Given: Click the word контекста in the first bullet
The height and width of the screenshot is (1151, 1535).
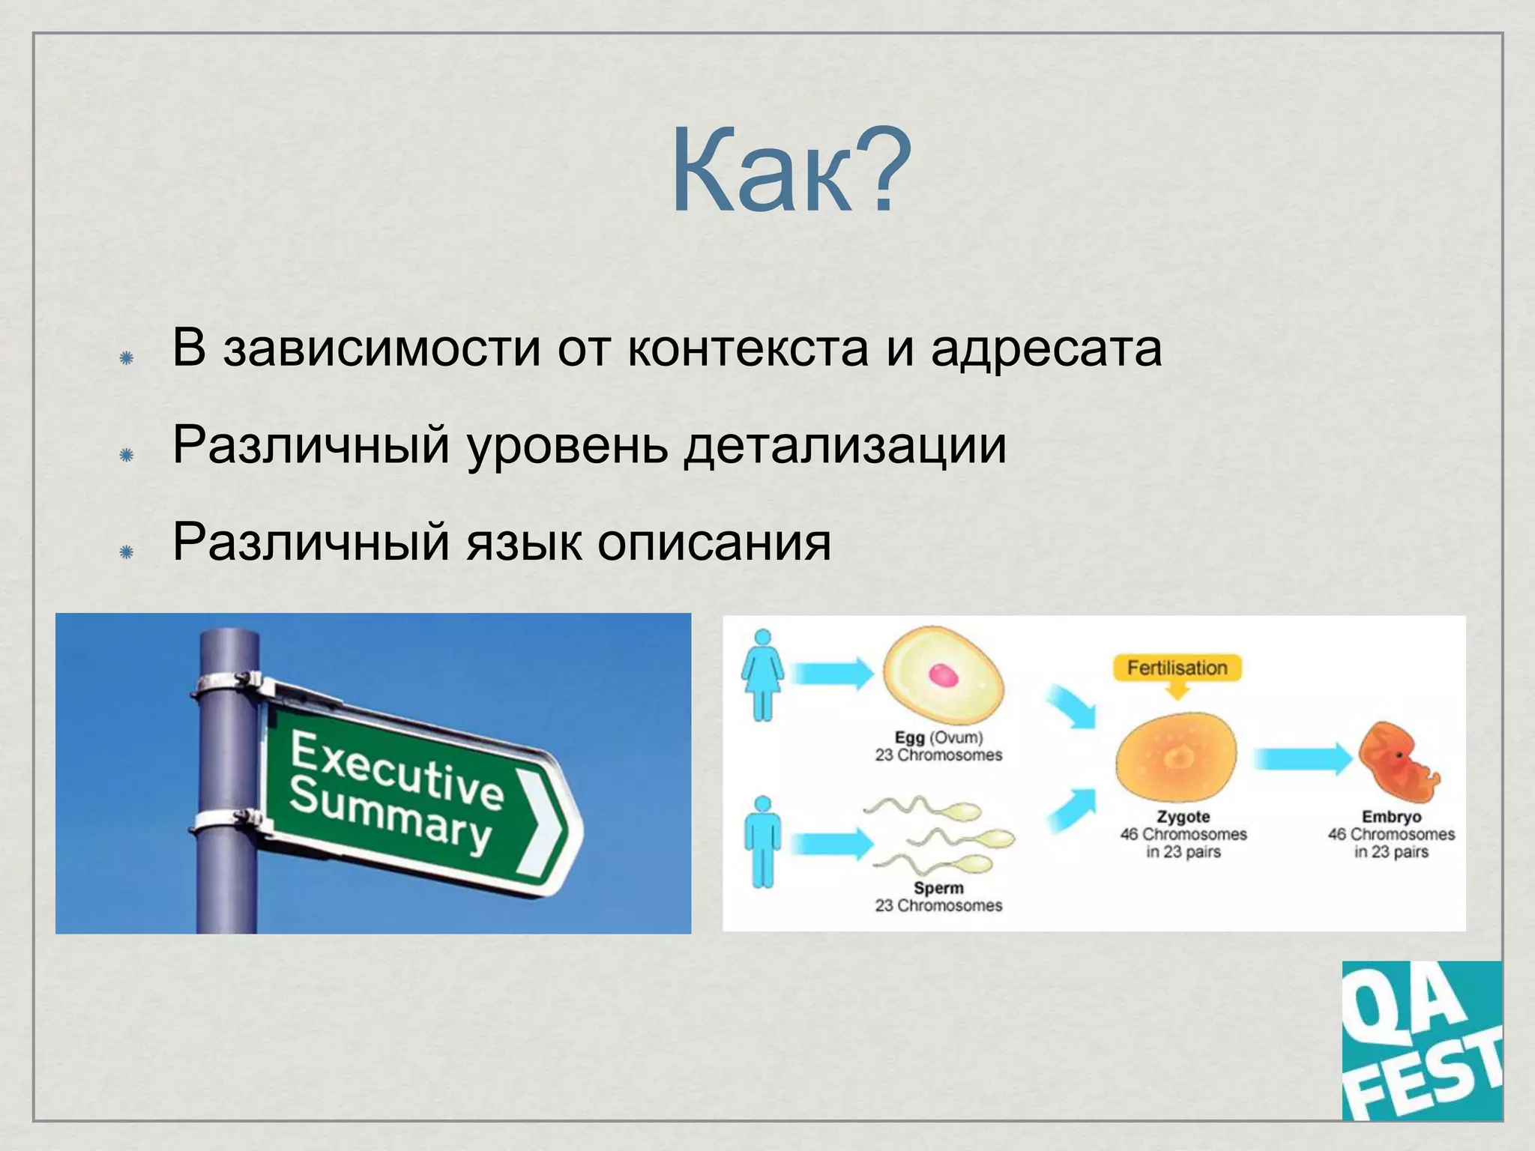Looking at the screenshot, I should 747,348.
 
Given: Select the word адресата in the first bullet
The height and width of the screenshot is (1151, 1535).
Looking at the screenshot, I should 1046,348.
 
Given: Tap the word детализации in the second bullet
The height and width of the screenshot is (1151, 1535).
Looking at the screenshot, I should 845,445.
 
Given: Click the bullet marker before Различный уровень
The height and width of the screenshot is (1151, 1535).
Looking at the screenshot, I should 127,455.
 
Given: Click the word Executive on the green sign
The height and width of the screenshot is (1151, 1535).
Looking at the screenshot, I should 397,772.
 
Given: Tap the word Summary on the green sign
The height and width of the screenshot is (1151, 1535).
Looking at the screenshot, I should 390,815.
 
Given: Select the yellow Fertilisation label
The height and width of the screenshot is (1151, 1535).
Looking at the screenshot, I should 1177,668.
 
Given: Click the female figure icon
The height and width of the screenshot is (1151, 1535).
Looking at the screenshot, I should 762,674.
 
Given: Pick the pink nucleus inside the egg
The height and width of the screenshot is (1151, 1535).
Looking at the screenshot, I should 944,675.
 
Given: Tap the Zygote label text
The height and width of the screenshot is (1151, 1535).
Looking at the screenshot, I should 1183,817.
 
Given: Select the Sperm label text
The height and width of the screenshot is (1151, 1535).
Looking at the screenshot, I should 938,888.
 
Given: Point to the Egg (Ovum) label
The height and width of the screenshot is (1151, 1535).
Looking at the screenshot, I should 938,737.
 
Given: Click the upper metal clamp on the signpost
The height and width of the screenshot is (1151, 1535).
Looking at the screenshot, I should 226,684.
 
